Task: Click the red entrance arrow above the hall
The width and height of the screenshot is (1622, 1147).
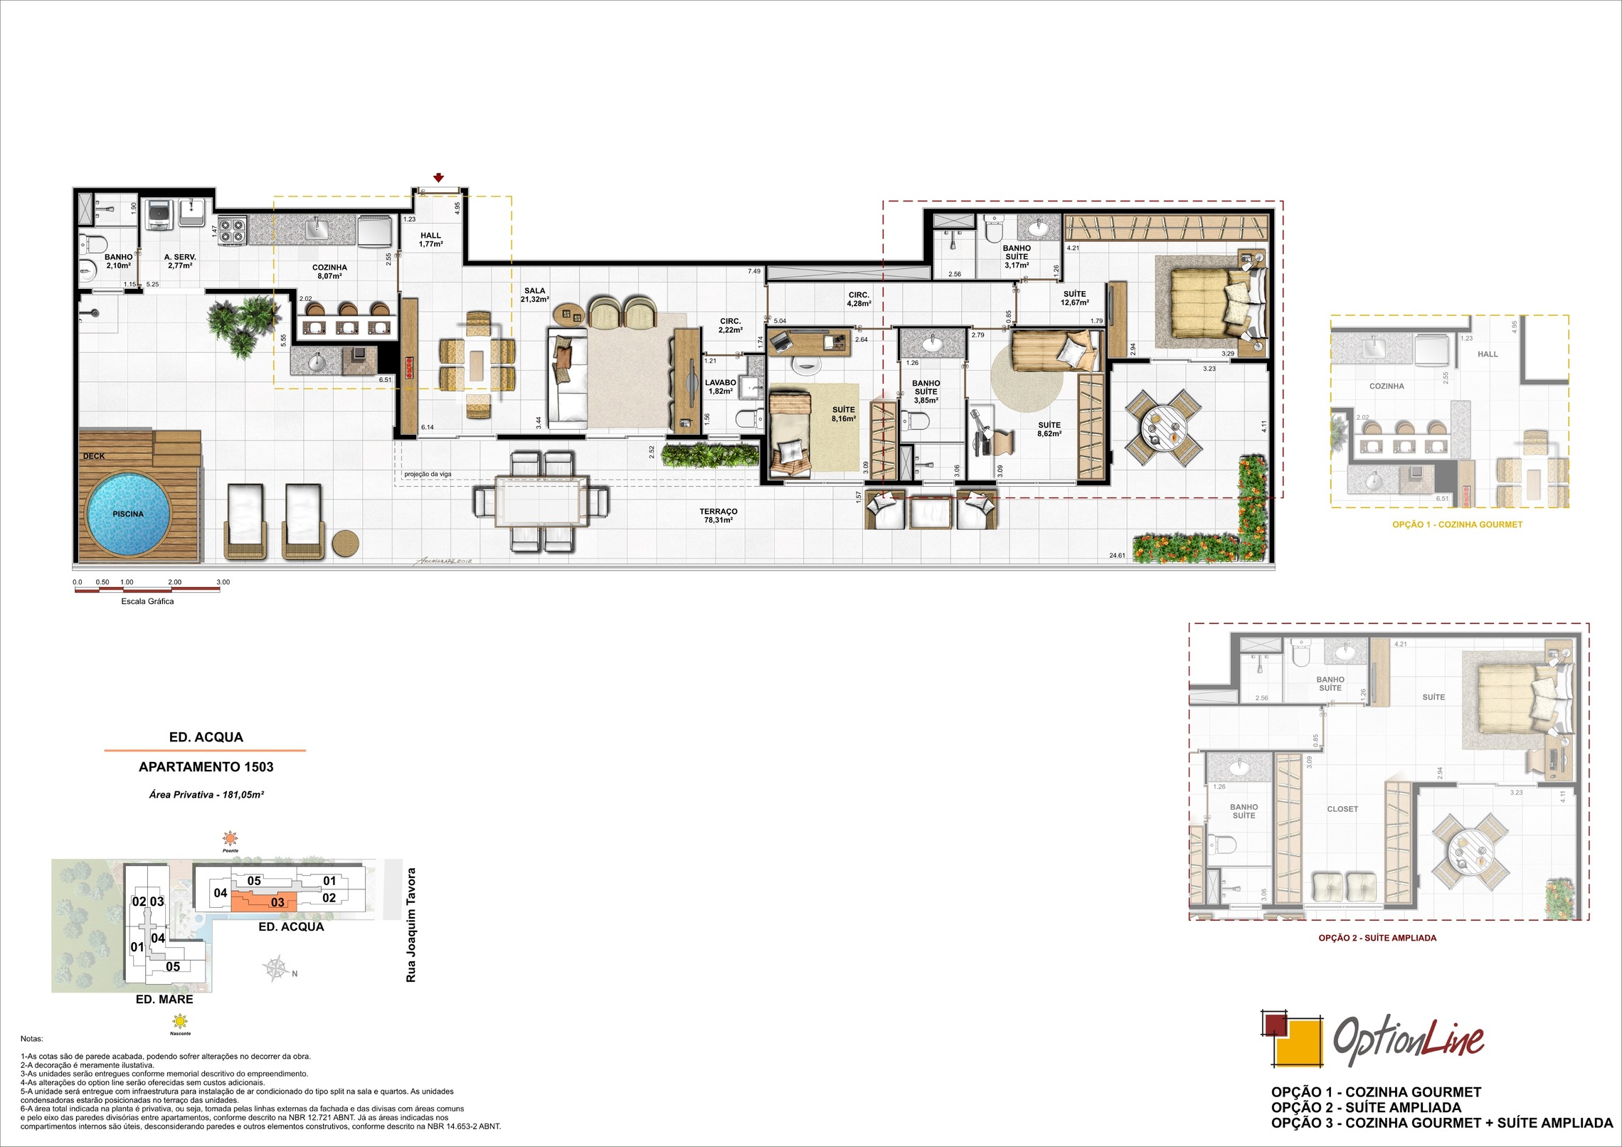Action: point(439,178)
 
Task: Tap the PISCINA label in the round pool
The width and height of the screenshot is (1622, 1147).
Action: point(128,514)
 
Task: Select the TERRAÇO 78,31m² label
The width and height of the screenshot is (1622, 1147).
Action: point(718,516)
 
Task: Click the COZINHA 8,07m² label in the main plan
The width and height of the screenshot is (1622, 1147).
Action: point(329,272)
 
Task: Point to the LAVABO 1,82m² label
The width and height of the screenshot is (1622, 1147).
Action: point(721,387)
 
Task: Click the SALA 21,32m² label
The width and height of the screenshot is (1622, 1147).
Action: point(534,295)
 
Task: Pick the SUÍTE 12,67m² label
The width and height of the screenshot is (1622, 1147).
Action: point(1074,298)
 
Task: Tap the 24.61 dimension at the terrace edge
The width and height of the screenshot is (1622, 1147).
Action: point(1117,556)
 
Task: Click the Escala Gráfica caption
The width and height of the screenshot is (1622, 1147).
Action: point(147,601)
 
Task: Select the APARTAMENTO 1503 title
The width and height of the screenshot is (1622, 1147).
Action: point(206,767)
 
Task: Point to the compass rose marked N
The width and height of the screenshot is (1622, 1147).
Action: point(277,969)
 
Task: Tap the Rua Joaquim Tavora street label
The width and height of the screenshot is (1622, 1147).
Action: point(410,925)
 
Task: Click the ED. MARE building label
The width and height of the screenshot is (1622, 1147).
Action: point(164,1000)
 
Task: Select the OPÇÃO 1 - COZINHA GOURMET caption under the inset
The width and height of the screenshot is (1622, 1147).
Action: point(1457,524)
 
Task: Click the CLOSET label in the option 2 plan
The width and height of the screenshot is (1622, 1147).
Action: point(1342,809)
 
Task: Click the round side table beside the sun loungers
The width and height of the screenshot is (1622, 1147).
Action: point(345,544)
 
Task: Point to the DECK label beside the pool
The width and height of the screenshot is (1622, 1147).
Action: point(93,456)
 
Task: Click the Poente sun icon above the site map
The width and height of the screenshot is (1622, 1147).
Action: point(230,837)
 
